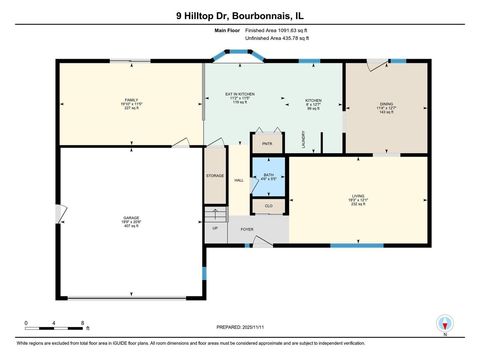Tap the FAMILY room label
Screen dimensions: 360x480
coord(129,101)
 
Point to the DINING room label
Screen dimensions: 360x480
coord(386,104)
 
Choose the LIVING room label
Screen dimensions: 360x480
coord(358,197)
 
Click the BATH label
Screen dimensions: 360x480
coord(268,175)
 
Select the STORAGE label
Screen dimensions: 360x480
coord(215,176)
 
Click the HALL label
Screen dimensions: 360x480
coord(239,180)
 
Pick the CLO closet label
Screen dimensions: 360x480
coord(268,206)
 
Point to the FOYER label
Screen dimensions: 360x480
coord(246,230)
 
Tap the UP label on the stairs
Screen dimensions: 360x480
coord(215,228)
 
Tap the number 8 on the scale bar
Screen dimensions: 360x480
coord(81,324)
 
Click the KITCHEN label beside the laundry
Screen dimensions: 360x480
coord(313,101)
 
